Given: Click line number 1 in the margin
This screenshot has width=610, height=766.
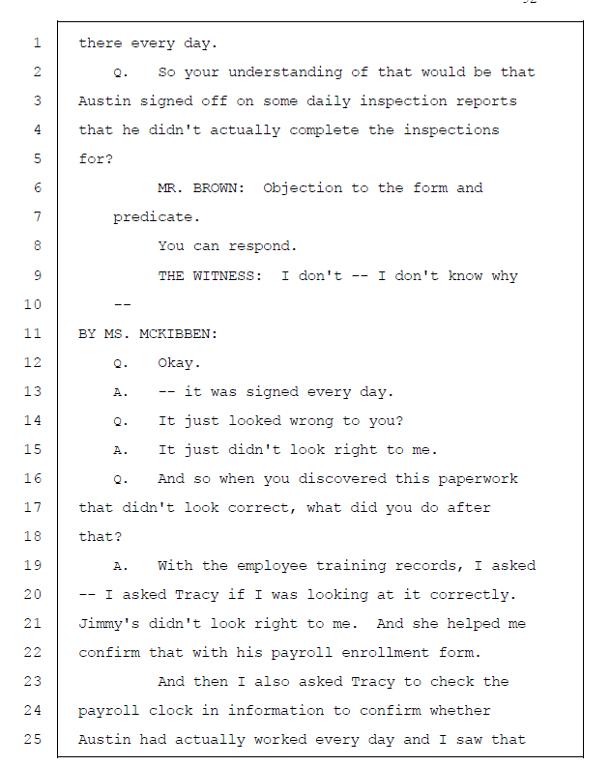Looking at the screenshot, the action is pyautogui.click(x=36, y=43).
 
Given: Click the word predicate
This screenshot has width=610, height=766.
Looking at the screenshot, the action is pyautogui.click(x=148, y=217).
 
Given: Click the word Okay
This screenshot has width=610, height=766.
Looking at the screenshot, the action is pyautogui.click(x=180, y=362).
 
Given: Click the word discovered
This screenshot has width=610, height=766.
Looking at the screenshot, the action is pyautogui.click(x=321, y=478).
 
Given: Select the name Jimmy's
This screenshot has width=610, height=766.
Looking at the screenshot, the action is pyautogui.click(x=109, y=623).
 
